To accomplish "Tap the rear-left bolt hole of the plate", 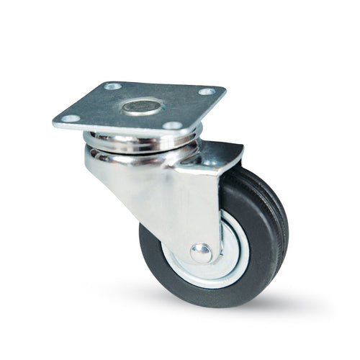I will coord(112,86).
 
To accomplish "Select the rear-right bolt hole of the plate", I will coord(207,92).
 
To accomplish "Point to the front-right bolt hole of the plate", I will coord(171,125).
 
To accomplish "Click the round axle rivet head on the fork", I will coord(202,252).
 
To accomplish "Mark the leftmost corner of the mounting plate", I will coord(54,122).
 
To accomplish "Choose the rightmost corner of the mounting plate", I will coord(225,90).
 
